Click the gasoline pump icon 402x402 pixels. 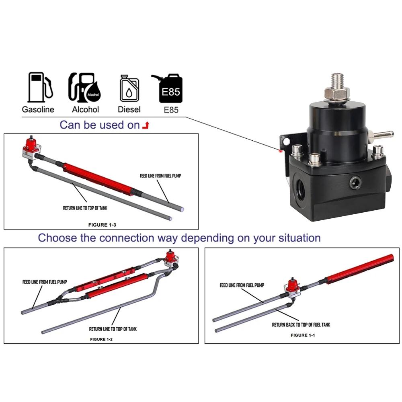click(40, 87)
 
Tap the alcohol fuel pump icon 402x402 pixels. click(84, 87)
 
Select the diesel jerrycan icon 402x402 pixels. click(129, 88)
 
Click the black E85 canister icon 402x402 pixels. click(168, 88)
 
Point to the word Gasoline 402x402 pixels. click(38, 109)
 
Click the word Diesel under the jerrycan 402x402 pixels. click(129, 109)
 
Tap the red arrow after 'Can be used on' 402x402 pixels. click(146, 125)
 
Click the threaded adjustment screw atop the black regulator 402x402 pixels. click(337, 82)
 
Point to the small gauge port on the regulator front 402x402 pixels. click(356, 183)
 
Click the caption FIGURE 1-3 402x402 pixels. click(102, 225)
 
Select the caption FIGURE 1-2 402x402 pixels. click(101, 339)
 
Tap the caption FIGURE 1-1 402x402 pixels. click(303, 335)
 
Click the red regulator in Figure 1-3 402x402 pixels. click(31, 148)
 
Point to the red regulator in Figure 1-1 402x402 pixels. click(292, 287)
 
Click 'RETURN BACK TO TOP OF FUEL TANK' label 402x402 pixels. click(301, 325)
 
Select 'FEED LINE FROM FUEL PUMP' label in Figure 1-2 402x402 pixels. click(45, 282)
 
